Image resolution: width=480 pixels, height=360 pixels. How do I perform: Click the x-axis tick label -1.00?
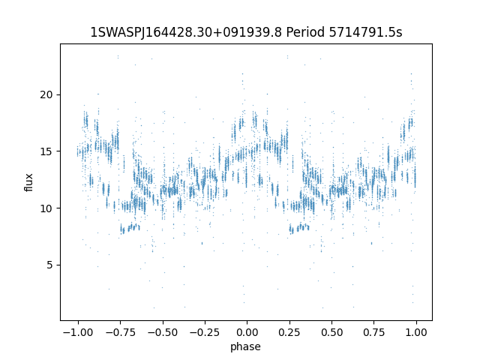pyautogui.click(x=76, y=332)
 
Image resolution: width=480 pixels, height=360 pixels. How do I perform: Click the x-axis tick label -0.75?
pyautogui.click(x=119, y=332)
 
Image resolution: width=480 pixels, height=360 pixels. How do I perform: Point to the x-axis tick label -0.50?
pyautogui.click(x=161, y=332)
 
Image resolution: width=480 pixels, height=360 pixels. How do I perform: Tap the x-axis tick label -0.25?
pyautogui.click(x=204, y=332)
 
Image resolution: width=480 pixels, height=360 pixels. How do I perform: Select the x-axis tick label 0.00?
pyautogui.click(x=246, y=332)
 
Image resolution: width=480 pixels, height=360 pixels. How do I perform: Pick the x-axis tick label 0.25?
pyautogui.click(x=289, y=332)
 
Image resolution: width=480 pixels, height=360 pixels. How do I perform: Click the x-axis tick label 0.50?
pyautogui.click(x=331, y=332)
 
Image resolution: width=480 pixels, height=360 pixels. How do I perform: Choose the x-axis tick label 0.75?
pyautogui.click(x=373, y=332)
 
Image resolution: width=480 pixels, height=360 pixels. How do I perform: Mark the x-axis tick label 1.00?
pyautogui.click(x=415, y=332)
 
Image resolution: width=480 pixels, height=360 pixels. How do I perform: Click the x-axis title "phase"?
pyautogui.click(x=246, y=346)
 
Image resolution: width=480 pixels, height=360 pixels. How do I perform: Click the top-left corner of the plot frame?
pyautogui.click(x=60, y=43)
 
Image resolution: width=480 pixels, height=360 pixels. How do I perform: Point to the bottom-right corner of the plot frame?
pyautogui.click(x=432, y=320)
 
